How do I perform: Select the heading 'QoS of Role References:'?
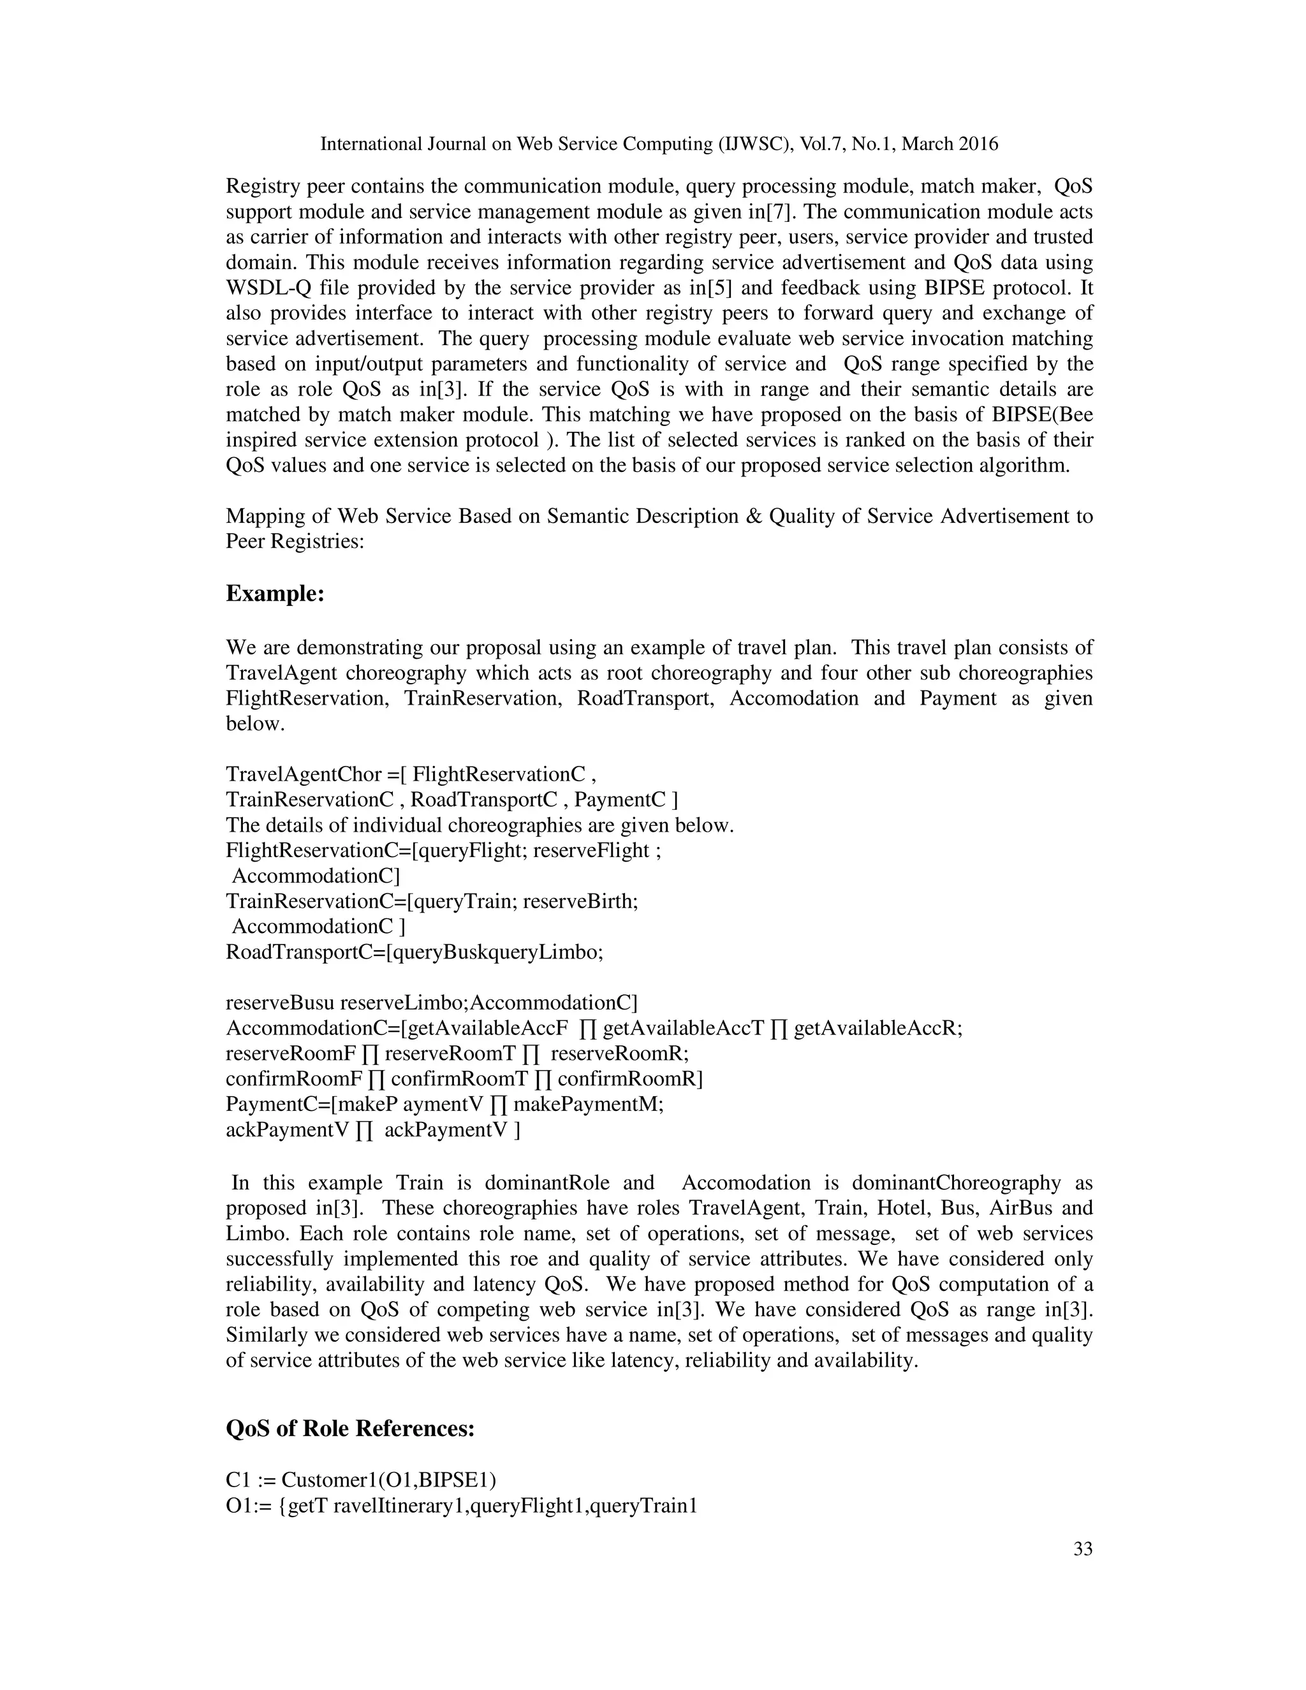point(349,1428)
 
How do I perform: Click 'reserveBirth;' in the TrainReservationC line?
point(580,900)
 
